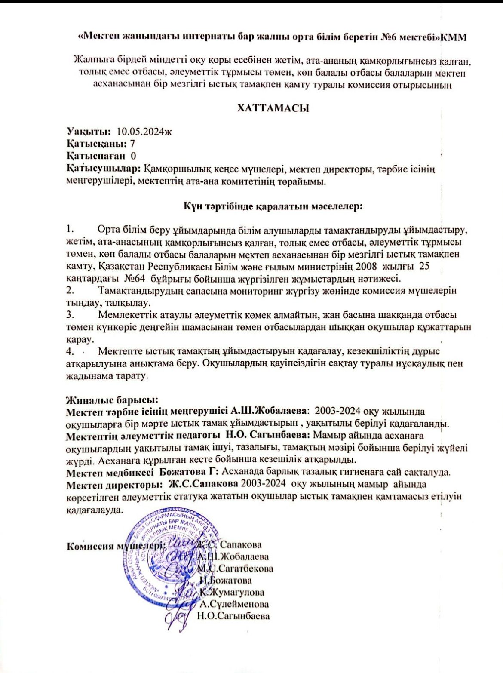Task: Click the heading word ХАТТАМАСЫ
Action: coord(273,108)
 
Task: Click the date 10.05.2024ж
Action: coord(144,132)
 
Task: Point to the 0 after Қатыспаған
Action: coord(133,156)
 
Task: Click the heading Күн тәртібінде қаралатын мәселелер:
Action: coord(273,206)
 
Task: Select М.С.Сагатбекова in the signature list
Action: coord(235,569)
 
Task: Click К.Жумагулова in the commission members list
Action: coord(232,593)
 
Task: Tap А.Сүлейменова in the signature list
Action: coord(235,604)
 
